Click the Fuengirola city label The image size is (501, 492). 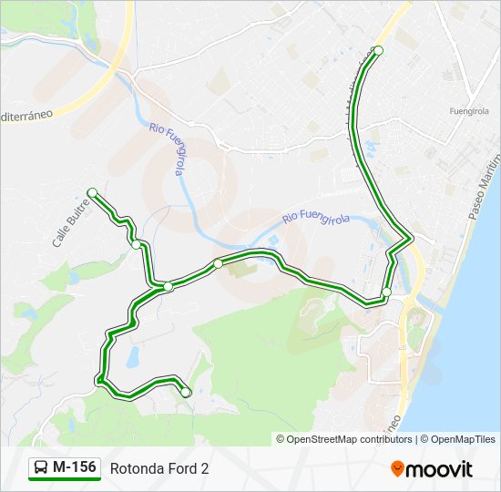[x=469, y=110]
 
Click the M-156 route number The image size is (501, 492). [x=74, y=467]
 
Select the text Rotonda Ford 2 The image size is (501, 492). [x=159, y=468]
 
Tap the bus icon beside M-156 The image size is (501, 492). [x=41, y=468]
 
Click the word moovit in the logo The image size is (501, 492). [x=440, y=469]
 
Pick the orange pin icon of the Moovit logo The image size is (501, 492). [x=398, y=469]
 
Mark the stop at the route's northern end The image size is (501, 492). [x=379, y=50]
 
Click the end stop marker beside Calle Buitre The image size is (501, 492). [x=92, y=191]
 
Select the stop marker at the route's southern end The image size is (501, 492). [x=186, y=393]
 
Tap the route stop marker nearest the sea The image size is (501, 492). [x=386, y=292]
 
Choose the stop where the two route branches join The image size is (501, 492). [x=169, y=287]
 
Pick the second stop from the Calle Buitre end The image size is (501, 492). [x=136, y=244]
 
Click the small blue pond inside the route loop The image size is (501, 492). [x=133, y=356]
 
